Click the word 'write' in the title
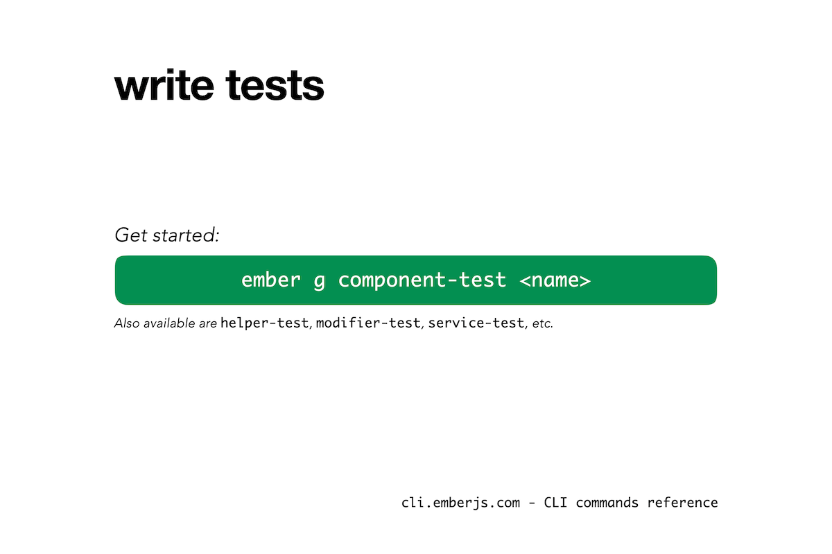click(164, 84)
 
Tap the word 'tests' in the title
click(275, 86)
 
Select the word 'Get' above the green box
click(131, 235)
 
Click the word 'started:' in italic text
click(187, 235)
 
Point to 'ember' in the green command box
click(271, 280)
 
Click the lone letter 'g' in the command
click(320, 282)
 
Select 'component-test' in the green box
click(422, 280)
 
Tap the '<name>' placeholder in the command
click(555, 280)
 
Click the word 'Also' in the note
click(127, 323)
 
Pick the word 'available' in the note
click(169, 323)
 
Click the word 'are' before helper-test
click(207, 324)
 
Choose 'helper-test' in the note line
click(264, 323)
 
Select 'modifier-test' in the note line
click(368, 323)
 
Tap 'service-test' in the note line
click(476, 323)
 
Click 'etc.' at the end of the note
click(542, 324)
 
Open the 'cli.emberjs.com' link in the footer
click(460, 503)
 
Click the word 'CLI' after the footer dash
click(555, 503)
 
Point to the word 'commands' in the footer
click(607, 503)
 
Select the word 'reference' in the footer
click(683, 503)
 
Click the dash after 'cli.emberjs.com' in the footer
click(532, 503)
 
